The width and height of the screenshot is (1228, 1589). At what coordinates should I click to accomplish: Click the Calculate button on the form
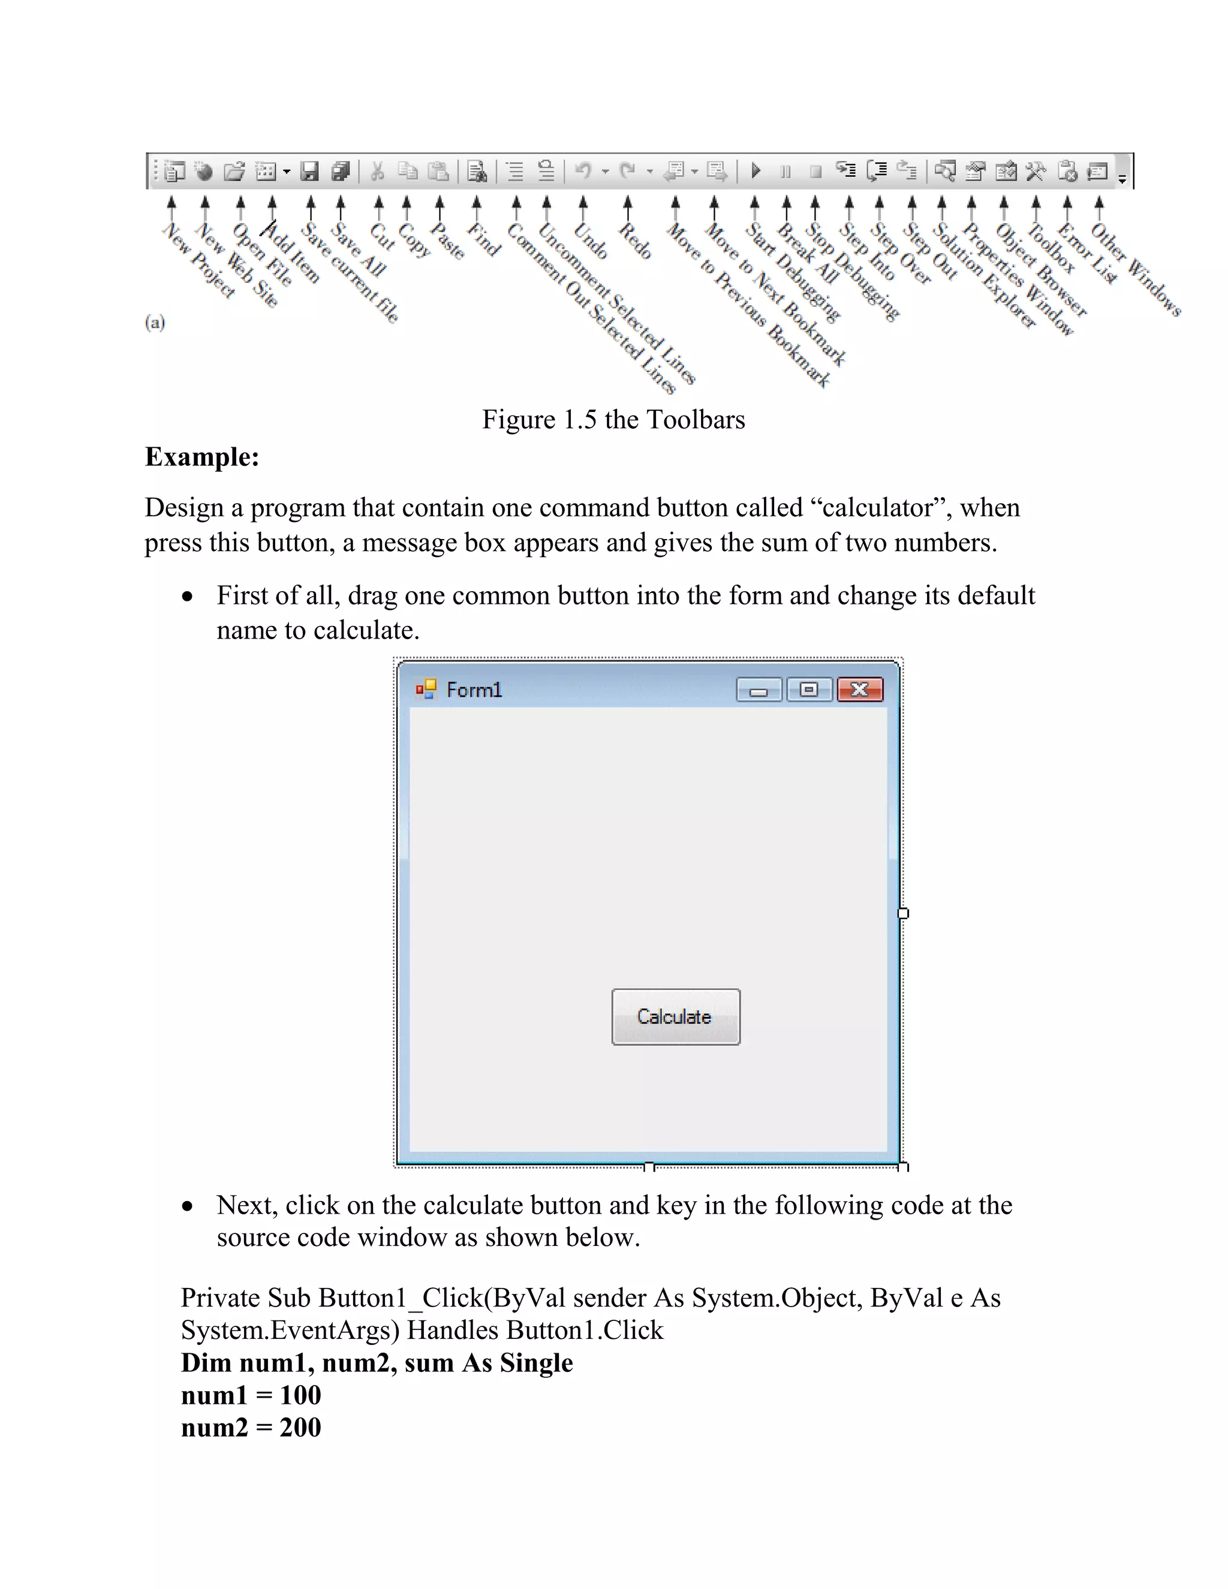click(x=676, y=1016)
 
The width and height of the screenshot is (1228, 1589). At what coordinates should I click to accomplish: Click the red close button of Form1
click(x=860, y=689)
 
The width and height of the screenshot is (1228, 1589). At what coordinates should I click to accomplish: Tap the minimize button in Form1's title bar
click(x=759, y=690)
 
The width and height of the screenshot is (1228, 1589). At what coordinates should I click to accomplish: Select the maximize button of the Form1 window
click(x=808, y=689)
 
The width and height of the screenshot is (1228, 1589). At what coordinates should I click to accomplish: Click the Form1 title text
click(x=474, y=690)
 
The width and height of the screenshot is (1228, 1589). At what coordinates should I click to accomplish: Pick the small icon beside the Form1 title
click(x=426, y=689)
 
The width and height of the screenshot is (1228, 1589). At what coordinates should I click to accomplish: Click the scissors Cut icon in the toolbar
click(x=377, y=171)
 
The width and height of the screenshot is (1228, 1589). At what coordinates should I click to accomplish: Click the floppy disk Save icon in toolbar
click(x=310, y=171)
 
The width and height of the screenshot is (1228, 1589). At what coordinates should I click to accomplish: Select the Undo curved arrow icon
click(x=583, y=171)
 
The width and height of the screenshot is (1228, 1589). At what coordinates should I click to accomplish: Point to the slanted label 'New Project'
click(x=198, y=260)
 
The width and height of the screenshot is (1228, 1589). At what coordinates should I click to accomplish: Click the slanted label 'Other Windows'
click(x=1135, y=269)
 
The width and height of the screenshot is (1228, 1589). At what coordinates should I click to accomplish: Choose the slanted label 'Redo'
click(x=634, y=241)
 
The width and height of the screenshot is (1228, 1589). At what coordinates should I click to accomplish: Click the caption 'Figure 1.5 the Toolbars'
click(x=613, y=420)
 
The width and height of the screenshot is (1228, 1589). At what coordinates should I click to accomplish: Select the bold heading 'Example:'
click(x=202, y=457)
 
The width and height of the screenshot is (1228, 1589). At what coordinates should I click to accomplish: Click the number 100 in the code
click(x=300, y=1395)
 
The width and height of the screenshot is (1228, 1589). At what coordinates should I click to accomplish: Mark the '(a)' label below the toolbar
click(x=155, y=323)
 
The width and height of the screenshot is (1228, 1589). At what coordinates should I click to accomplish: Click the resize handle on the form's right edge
click(x=903, y=913)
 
